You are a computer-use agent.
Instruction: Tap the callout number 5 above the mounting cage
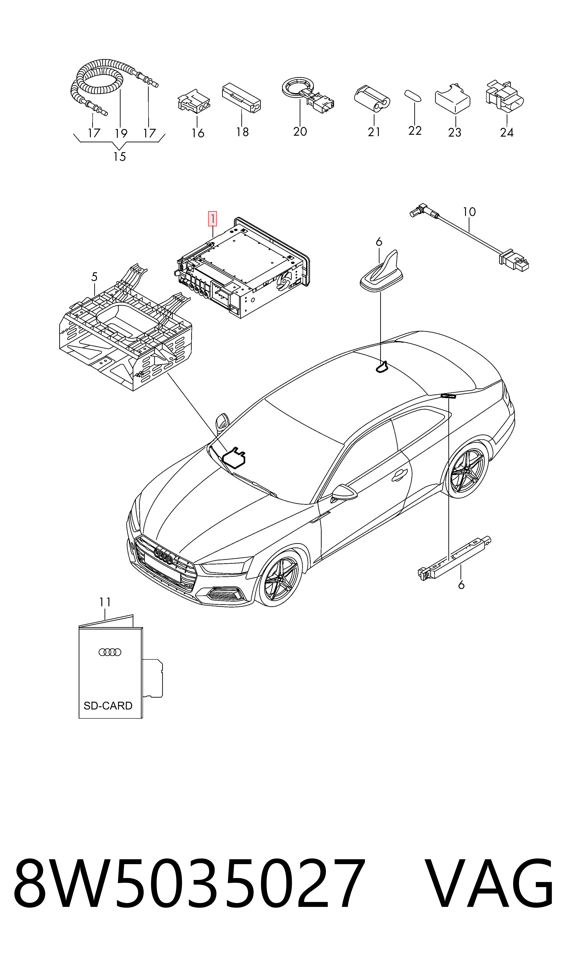pyautogui.click(x=94, y=277)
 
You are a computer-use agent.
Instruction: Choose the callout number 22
pyautogui.click(x=415, y=131)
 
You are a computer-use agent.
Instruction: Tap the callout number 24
pyautogui.click(x=506, y=132)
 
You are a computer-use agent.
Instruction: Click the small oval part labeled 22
pyautogui.click(x=413, y=96)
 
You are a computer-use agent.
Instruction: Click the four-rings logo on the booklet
pyautogui.click(x=110, y=652)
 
